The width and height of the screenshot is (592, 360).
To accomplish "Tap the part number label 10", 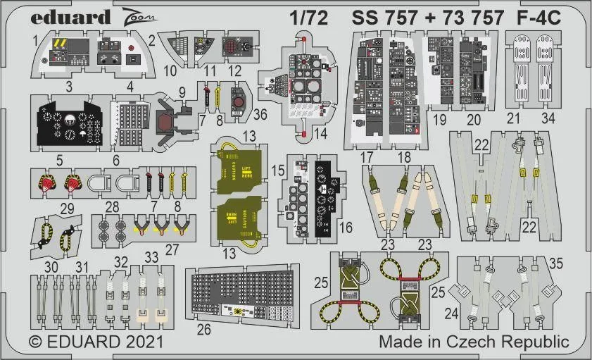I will point(170,70).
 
